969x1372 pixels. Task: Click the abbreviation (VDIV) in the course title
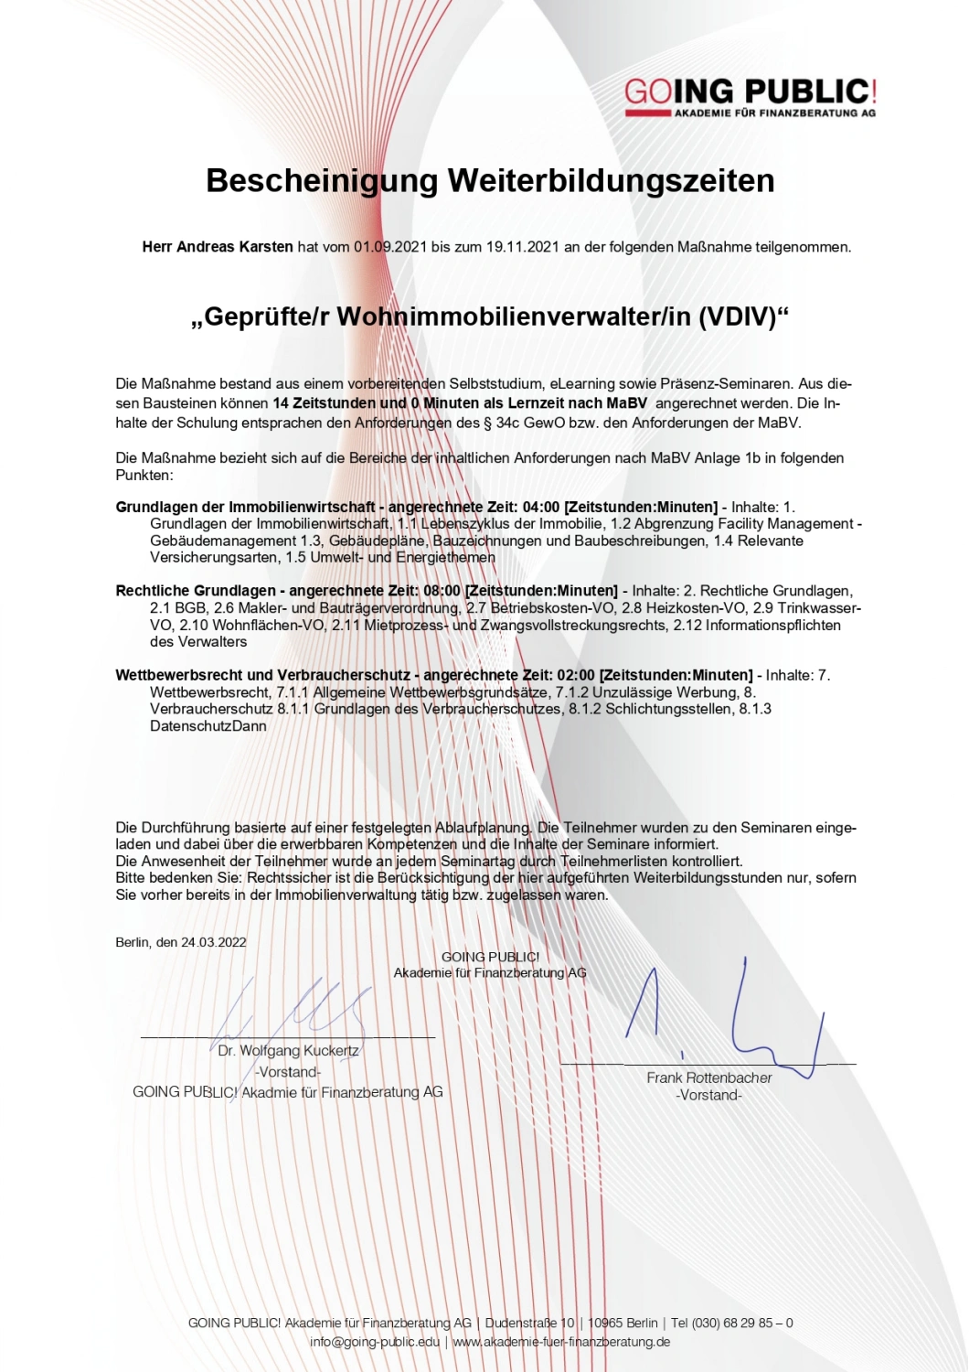(x=743, y=316)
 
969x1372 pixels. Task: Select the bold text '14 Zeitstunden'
(x=325, y=403)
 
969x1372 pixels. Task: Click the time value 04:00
(x=541, y=507)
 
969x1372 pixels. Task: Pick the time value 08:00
(x=442, y=591)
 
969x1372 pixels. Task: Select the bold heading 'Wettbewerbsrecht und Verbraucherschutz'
(x=262, y=675)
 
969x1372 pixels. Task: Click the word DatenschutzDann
(x=208, y=726)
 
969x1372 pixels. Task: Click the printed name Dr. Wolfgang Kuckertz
(x=288, y=1051)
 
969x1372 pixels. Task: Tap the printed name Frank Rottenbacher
(x=709, y=1077)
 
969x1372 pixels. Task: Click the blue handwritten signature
(x=731, y=1015)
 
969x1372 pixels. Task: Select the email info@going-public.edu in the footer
(x=375, y=1342)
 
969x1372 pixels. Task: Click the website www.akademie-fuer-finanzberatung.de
(x=561, y=1342)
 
